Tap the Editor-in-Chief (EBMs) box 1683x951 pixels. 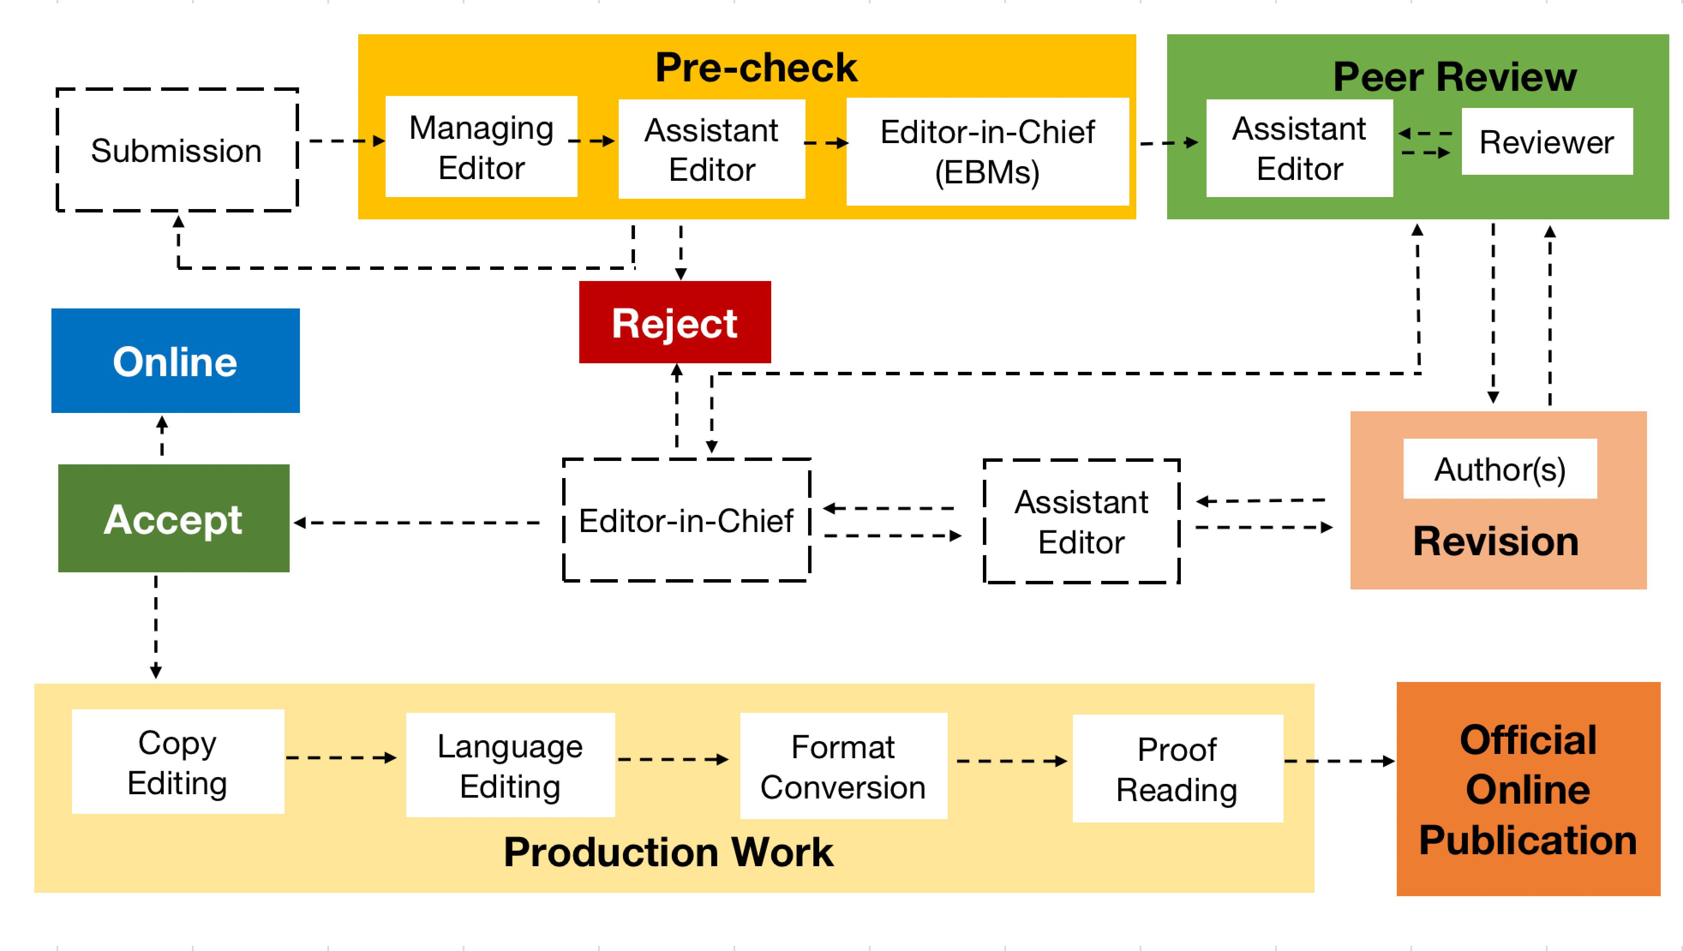point(987,152)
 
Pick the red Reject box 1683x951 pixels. point(675,322)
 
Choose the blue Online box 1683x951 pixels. point(175,361)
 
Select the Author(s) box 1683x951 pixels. point(1500,468)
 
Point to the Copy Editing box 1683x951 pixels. point(178,762)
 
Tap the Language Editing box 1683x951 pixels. point(510,765)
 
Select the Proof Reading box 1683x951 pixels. point(1177,768)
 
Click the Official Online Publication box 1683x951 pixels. point(1528,789)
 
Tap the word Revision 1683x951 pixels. point(1495,541)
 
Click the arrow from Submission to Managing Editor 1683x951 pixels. point(347,141)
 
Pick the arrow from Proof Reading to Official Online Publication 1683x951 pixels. point(1339,761)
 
